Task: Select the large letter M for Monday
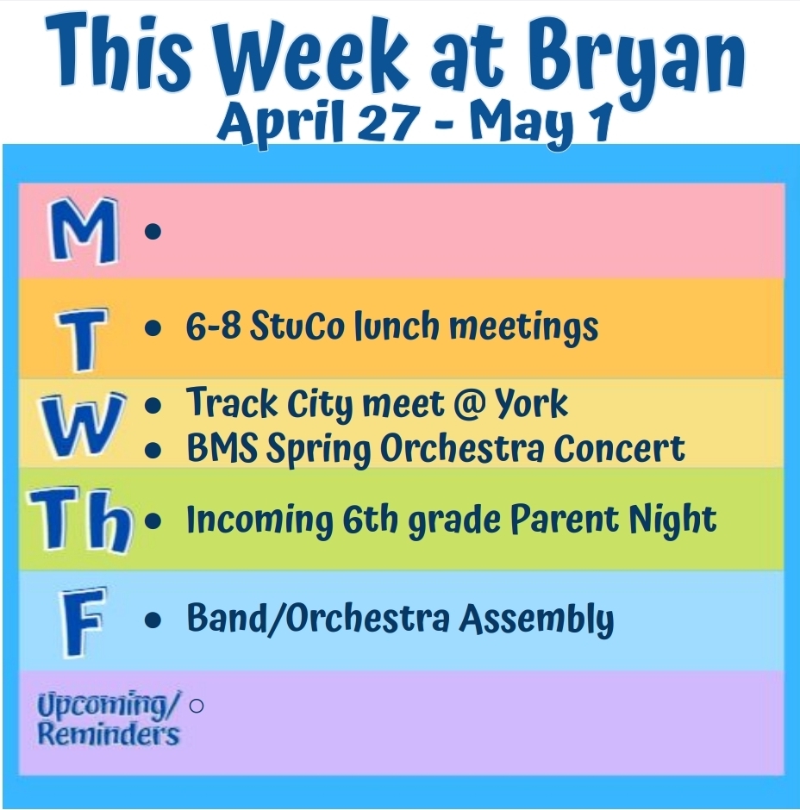pyautogui.click(x=82, y=232)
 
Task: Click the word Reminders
pyautogui.click(x=109, y=734)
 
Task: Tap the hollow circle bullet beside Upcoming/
pyautogui.click(x=196, y=706)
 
